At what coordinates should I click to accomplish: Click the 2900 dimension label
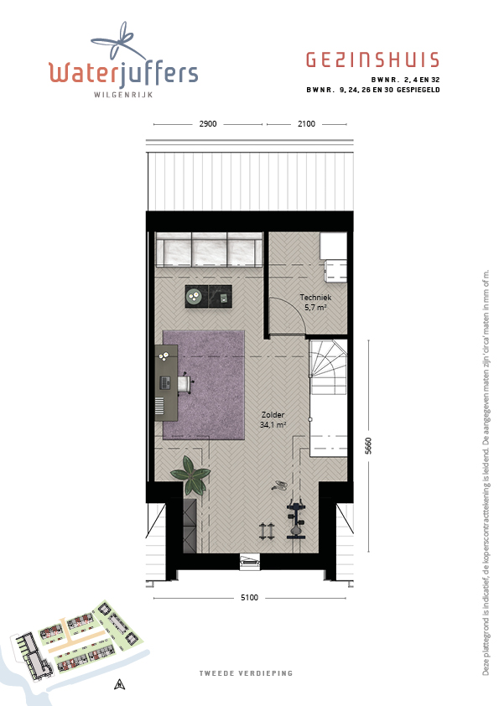[x=208, y=124]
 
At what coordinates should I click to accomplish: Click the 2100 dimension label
[x=306, y=124]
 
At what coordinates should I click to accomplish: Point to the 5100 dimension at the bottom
[x=250, y=598]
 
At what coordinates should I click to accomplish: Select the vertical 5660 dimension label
[x=368, y=446]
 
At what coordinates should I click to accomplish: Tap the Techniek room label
[x=315, y=297]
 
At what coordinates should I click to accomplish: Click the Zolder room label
[x=273, y=415]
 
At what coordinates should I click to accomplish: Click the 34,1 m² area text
[x=273, y=424]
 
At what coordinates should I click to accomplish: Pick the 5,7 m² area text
[x=315, y=308]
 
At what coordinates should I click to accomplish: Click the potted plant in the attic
[x=191, y=475]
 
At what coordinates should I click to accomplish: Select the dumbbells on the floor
[x=267, y=532]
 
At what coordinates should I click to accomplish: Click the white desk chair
[x=185, y=384]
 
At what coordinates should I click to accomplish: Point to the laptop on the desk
[x=166, y=383]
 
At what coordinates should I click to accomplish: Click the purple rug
[x=204, y=385]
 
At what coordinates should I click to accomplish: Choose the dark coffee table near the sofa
[x=209, y=296]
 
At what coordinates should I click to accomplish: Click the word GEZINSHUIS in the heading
[x=373, y=60]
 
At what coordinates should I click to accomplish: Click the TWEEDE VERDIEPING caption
[x=246, y=673]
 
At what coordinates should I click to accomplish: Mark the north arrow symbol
[x=119, y=684]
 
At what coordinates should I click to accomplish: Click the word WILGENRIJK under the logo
[x=123, y=95]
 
